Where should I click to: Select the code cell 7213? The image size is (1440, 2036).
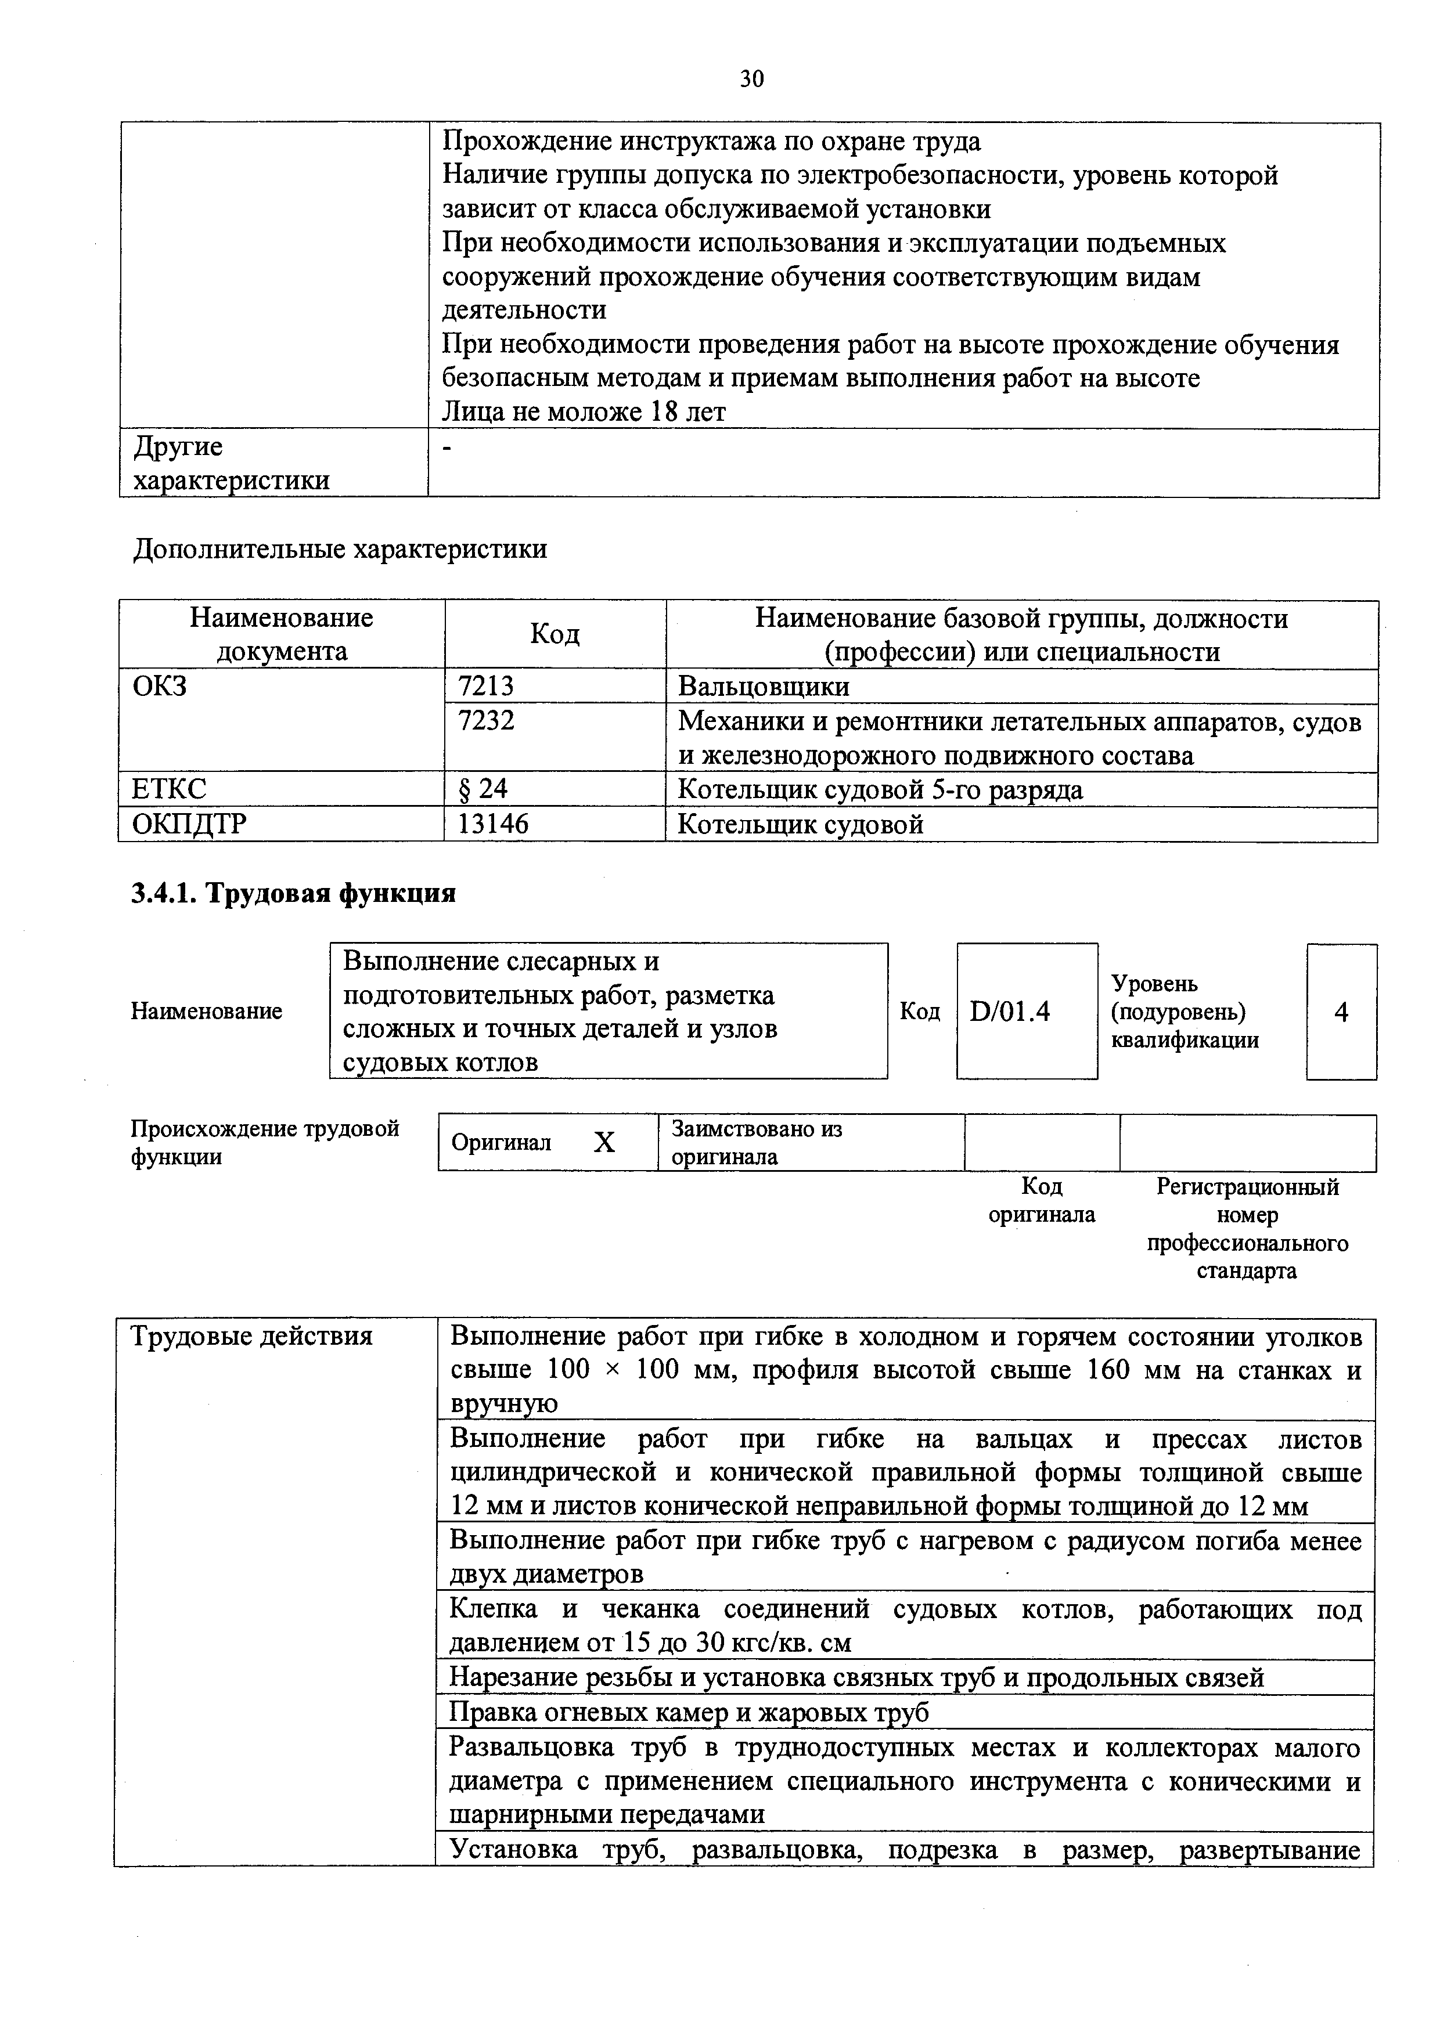click(x=485, y=687)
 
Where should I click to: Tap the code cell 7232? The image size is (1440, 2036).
click(x=485, y=721)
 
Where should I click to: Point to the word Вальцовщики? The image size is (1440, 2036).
click(x=763, y=687)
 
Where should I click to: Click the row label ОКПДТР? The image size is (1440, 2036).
click(x=189, y=825)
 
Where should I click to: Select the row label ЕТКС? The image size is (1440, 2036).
click(x=170, y=789)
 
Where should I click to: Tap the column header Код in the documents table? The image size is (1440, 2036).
click(x=555, y=634)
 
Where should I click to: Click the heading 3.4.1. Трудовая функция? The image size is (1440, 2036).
click(x=293, y=893)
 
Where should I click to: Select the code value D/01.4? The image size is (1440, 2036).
click(x=1010, y=1011)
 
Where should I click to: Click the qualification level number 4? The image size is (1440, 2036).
click(x=1341, y=1012)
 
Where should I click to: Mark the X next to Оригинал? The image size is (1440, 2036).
click(x=604, y=1142)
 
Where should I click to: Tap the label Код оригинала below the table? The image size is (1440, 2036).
click(x=1042, y=1200)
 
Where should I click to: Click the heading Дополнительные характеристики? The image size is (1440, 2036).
click(x=340, y=549)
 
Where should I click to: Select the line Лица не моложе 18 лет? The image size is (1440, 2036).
click(x=584, y=412)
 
